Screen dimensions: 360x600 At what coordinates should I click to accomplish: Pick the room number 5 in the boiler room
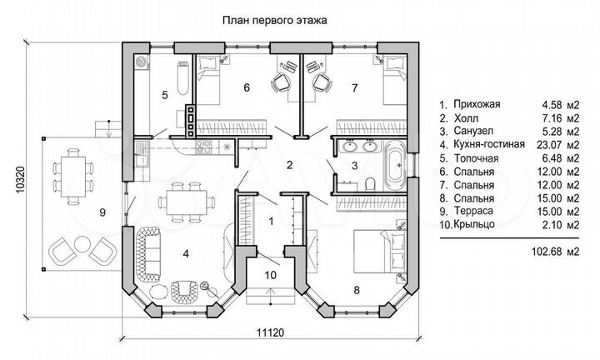165,95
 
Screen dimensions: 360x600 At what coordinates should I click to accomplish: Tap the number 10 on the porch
269,273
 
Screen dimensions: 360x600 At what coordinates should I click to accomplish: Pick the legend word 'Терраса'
473,211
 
